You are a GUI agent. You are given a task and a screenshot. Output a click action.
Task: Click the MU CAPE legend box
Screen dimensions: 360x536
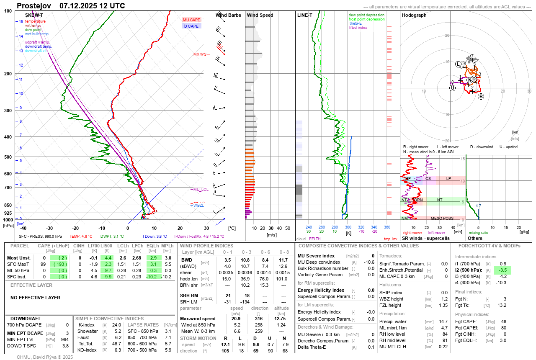coord(191,20)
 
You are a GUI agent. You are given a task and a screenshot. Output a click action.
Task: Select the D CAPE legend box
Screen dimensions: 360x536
coord(191,26)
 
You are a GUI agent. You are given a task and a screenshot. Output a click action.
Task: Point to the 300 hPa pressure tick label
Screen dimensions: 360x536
coord(8,111)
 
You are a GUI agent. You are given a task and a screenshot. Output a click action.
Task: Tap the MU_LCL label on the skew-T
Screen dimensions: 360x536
coord(201,190)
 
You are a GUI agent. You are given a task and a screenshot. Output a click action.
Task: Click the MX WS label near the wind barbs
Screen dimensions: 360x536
coord(200,54)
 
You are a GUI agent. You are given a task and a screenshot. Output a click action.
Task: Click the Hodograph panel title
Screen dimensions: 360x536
coord(414,15)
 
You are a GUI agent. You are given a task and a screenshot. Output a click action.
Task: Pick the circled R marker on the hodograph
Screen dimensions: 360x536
coord(481,96)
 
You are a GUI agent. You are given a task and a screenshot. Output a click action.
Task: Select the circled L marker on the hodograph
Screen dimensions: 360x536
coord(459,64)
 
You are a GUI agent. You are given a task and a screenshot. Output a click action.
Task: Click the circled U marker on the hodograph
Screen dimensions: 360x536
coord(452,88)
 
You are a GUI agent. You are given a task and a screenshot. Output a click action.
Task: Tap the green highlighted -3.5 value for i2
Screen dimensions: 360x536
coord(502,270)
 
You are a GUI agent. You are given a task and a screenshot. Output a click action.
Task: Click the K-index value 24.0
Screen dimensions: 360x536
coord(117,325)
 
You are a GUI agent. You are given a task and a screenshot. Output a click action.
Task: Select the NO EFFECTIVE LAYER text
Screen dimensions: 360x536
coord(35,298)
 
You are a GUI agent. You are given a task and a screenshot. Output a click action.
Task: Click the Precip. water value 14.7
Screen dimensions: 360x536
coord(443,321)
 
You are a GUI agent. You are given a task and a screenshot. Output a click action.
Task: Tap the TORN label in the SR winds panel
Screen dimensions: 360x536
coord(417,200)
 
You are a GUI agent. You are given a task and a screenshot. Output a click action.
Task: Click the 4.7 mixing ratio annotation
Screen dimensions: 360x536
coord(478,206)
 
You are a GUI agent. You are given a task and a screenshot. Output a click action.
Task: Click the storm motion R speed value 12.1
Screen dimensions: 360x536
coord(226,344)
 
